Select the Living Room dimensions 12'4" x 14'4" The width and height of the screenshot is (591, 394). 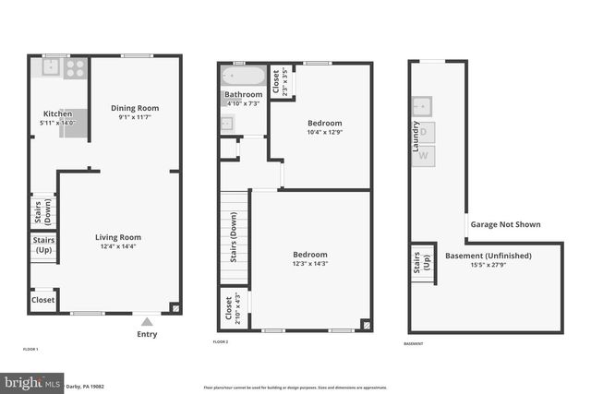(x=117, y=246)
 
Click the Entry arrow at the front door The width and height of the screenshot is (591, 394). (x=147, y=322)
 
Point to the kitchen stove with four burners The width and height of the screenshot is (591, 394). (x=75, y=66)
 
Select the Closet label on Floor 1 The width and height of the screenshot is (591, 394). (x=43, y=300)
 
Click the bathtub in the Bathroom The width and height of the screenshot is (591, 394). (x=243, y=76)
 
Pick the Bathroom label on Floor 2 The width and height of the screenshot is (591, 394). (x=243, y=94)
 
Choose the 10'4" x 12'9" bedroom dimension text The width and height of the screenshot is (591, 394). (x=324, y=132)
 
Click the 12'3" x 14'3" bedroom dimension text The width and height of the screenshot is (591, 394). (x=310, y=263)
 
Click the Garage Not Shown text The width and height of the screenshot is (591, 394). (x=505, y=224)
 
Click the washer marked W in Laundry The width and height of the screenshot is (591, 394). (x=424, y=155)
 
